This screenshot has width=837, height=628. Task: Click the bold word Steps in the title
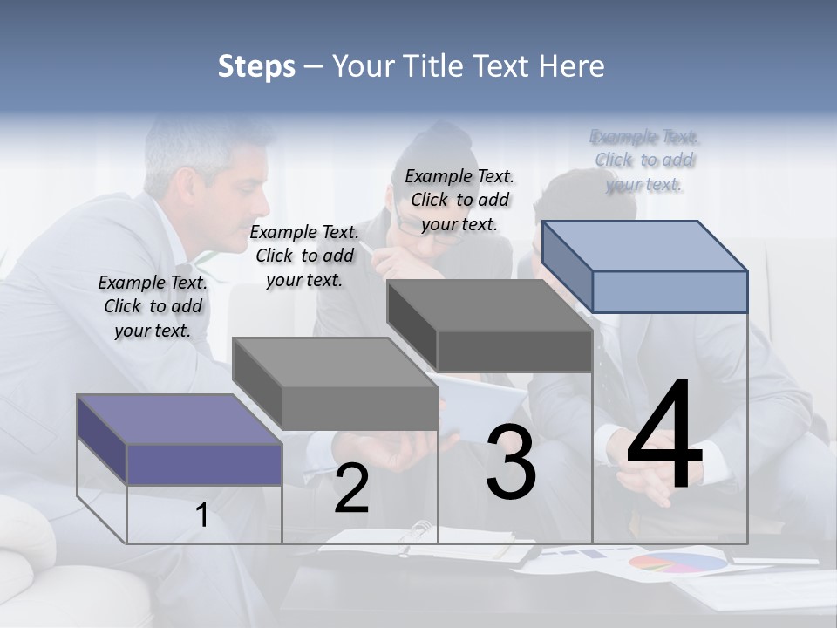click(256, 66)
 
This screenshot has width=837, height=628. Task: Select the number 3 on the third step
click(511, 462)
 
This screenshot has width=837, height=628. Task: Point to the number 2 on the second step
click(351, 489)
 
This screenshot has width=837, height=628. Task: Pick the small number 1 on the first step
click(202, 515)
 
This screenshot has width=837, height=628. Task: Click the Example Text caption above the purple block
click(153, 306)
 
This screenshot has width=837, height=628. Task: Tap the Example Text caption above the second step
click(304, 256)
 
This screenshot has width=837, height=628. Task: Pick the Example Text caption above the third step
click(459, 200)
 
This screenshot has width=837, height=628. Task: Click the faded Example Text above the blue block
click(644, 160)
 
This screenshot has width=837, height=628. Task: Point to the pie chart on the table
click(677, 562)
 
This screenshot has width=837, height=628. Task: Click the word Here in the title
click(572, 66)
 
